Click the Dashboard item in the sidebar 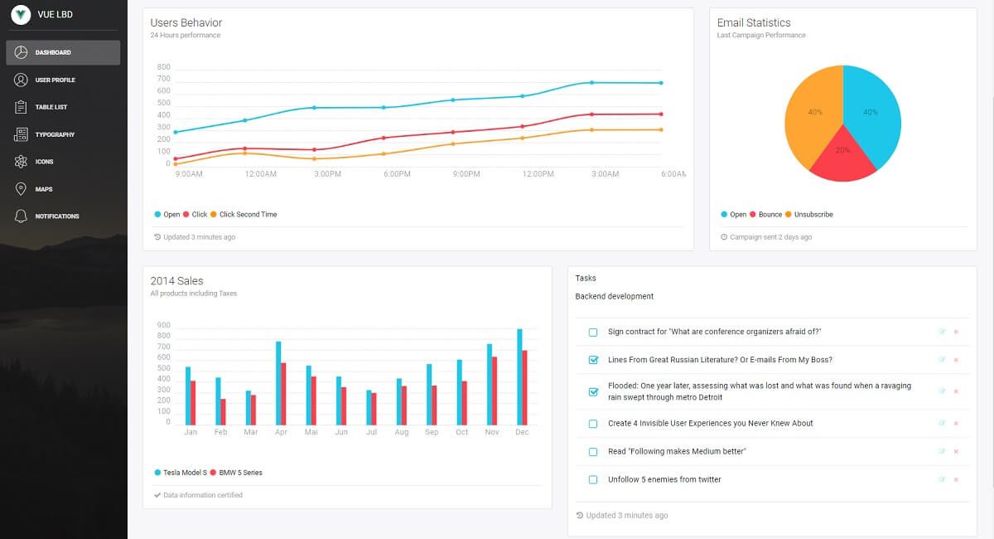tap(63, 52)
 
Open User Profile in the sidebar tap(55, 80)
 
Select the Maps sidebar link tap(43, 189)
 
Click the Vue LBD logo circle tap(21, 15)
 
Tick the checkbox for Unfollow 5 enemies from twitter tap(593, 479)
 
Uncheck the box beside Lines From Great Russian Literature tap(593, 360)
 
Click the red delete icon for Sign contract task tap(956, 332)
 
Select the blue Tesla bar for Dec tap(519, 376)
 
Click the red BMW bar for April tap(283, 394)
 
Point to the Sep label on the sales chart tap(432, 432)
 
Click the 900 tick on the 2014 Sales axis tap(162, 325)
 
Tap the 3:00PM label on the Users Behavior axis tap(327, 174)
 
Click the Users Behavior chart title tap(186, 22)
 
